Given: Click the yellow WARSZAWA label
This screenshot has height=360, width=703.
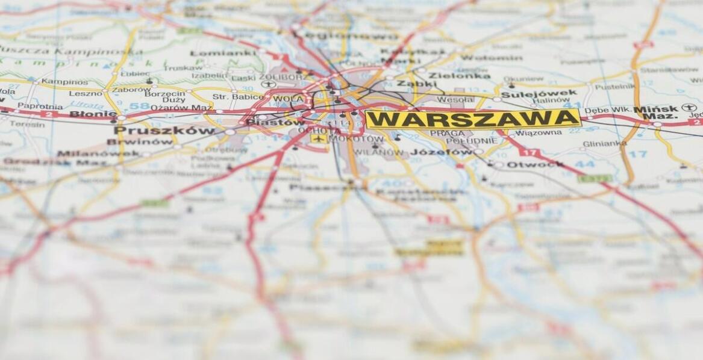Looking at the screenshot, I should coord(473,119).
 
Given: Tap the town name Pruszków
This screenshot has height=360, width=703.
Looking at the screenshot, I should coord(164,131).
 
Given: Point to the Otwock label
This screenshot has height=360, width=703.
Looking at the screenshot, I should coord(535,164).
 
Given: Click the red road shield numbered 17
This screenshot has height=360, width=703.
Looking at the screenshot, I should coord(529,152).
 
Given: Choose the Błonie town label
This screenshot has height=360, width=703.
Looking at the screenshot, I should coord(93,114).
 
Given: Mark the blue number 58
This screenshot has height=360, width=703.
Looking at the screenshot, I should coord(139,106).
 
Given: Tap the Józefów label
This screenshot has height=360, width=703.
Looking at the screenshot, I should coord(442,152).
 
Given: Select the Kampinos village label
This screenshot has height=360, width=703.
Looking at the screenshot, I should coord(64,81).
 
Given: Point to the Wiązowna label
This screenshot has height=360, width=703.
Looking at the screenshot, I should coord(539,132).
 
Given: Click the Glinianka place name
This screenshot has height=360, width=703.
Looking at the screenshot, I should coord(604,144).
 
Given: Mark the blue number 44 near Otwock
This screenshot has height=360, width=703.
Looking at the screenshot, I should coord(584,164).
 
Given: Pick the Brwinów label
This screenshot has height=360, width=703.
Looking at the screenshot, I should coord(139,142).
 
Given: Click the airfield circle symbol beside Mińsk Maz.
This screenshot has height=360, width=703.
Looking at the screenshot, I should coord(689,108).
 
